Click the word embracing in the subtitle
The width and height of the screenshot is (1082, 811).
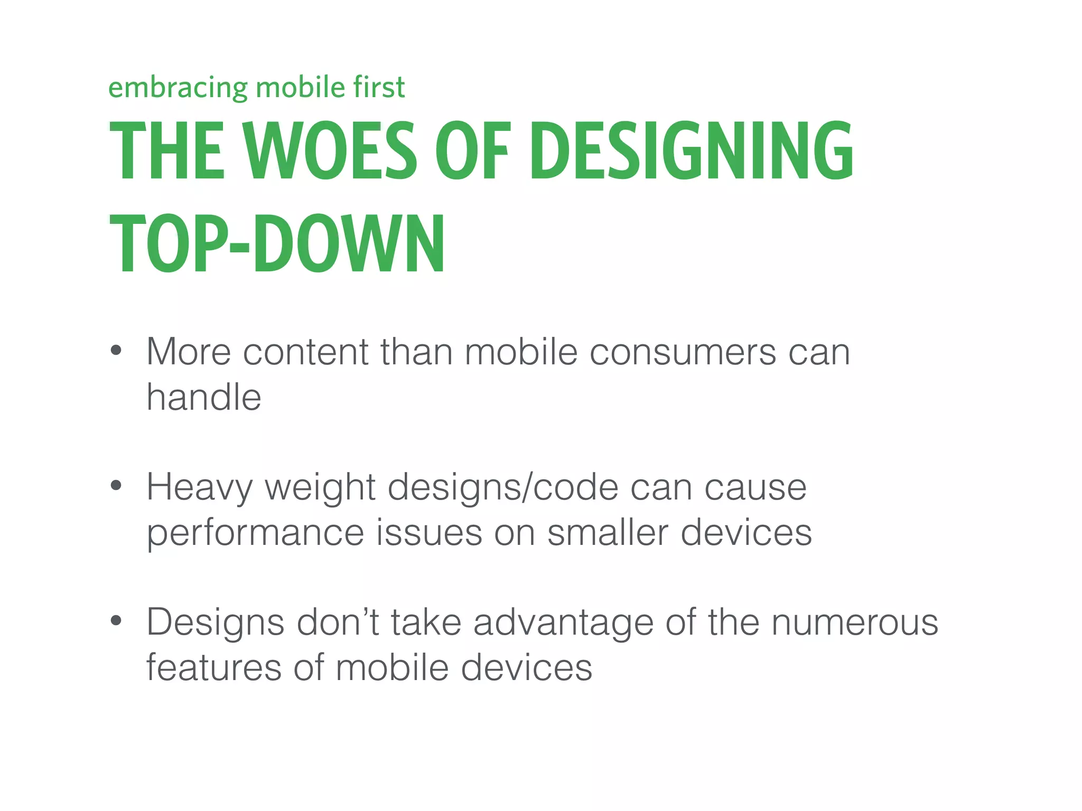point(178,88)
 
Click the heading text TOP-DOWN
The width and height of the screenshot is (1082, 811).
point(277,244)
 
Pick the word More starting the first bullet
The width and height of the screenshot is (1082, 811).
point(189,352)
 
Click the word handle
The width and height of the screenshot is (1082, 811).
point(204,397)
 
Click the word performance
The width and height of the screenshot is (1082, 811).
point(255,533)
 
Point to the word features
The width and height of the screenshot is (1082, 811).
point(213,667)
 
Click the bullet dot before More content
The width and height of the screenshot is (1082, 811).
point(116,350)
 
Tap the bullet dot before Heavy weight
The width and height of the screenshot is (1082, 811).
point(116,485)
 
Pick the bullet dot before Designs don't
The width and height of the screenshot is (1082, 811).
point(116,620)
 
